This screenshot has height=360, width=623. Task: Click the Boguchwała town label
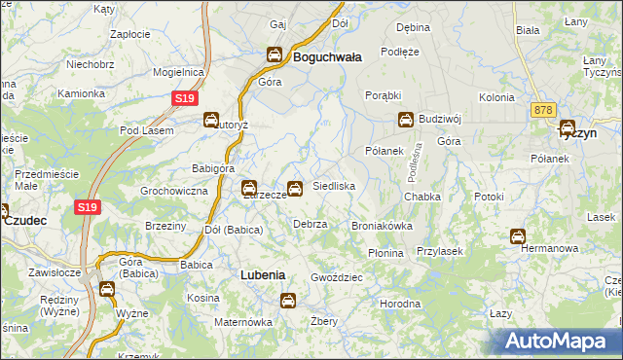click(327, 57)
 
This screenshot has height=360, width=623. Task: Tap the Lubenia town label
click(263, 275)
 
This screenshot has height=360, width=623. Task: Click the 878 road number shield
click(542, 111)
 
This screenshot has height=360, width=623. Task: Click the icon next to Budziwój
click(405, 120)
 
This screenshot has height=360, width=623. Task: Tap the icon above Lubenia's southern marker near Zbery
click(288, 301)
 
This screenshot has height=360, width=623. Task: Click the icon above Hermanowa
click(517, 235)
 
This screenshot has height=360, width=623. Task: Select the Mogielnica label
click(177, 72)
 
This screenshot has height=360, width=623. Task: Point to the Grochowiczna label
click(174, 191)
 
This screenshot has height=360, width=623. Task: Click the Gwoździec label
click(337, 277)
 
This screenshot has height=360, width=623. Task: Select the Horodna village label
click(400, 304)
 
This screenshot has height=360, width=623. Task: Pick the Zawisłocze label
click(54, 273)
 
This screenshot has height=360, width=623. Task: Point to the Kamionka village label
click(81, 94)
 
